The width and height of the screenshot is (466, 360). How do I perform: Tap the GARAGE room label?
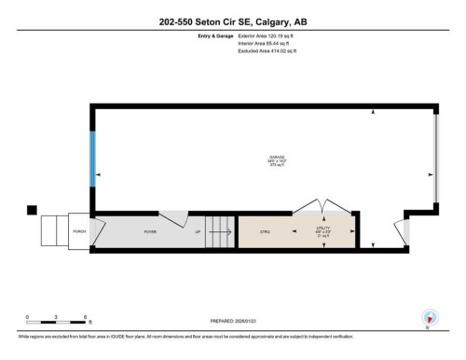point(277,157)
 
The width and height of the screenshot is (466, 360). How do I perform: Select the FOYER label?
point(149,231)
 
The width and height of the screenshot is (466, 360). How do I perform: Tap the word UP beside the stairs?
point(198,231)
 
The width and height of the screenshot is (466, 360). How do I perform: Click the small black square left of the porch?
point(31,210)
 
